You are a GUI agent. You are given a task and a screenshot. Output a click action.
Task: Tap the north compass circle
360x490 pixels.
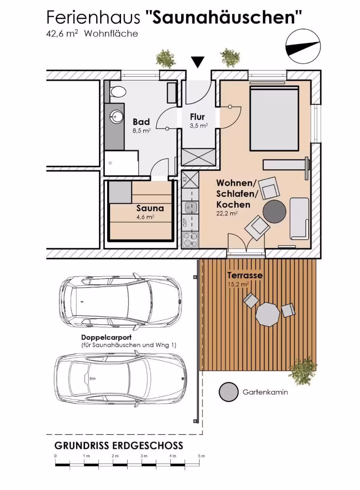tap(303, 47)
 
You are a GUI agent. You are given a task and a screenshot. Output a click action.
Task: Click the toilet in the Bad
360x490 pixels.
tap(118, 92)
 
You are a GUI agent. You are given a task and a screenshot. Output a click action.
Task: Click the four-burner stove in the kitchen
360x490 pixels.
tap(190, 240)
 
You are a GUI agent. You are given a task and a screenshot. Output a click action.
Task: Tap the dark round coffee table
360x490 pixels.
tap(275, 211)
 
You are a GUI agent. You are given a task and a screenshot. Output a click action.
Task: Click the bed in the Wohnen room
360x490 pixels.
tap(275, 118)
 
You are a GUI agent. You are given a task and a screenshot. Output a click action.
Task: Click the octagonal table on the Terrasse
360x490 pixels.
tap(268, 314)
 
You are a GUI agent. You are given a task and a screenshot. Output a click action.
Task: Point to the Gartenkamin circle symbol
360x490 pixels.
tap(229, 392)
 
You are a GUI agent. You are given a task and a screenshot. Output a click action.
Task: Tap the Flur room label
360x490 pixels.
tap(197, 117)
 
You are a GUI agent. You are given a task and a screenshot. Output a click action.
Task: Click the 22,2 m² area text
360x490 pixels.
tap(227, 214)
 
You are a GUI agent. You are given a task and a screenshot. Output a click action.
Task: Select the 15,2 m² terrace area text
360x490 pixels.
tap(238, 284)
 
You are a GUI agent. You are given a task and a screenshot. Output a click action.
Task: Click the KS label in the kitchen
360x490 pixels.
tap(185, 180)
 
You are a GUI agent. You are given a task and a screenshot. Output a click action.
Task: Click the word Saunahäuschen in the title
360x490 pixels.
tap(223, 18)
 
